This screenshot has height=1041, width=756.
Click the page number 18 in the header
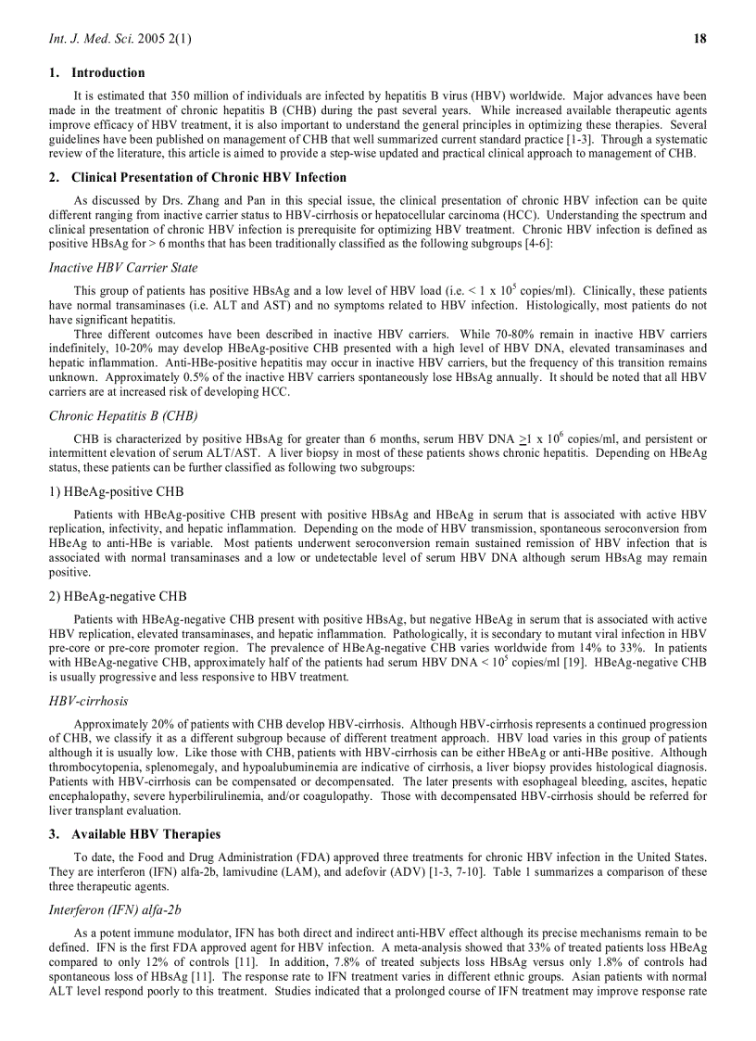click(x=699, y=38)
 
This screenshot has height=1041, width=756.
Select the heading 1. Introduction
click(x=97, y=72)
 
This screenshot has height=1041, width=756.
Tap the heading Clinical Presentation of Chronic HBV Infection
click(x=208, y=177)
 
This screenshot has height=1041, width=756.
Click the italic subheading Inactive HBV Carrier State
click(x=122, y=268)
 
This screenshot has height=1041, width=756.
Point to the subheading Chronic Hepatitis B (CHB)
click(x=122, y=415)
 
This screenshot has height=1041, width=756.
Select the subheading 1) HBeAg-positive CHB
click(x=116, y=491)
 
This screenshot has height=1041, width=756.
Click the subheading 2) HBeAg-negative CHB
click(x=118, y=596)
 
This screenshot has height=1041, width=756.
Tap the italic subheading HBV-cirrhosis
click(x=88, y=701)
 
